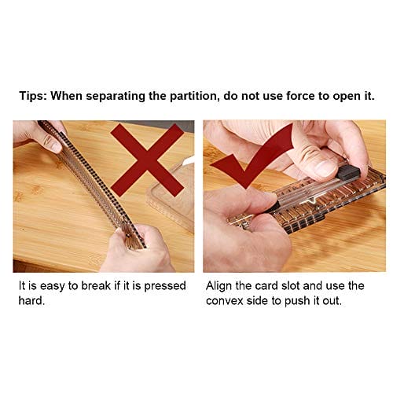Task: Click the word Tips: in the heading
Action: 33,96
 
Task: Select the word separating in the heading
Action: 116,97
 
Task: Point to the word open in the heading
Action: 346,97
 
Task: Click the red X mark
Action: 147,160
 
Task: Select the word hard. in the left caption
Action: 31,300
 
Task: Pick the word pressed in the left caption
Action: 165,286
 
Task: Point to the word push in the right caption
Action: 297,301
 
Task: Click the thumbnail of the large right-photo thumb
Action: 324,169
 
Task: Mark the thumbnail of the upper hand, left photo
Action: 56,147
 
